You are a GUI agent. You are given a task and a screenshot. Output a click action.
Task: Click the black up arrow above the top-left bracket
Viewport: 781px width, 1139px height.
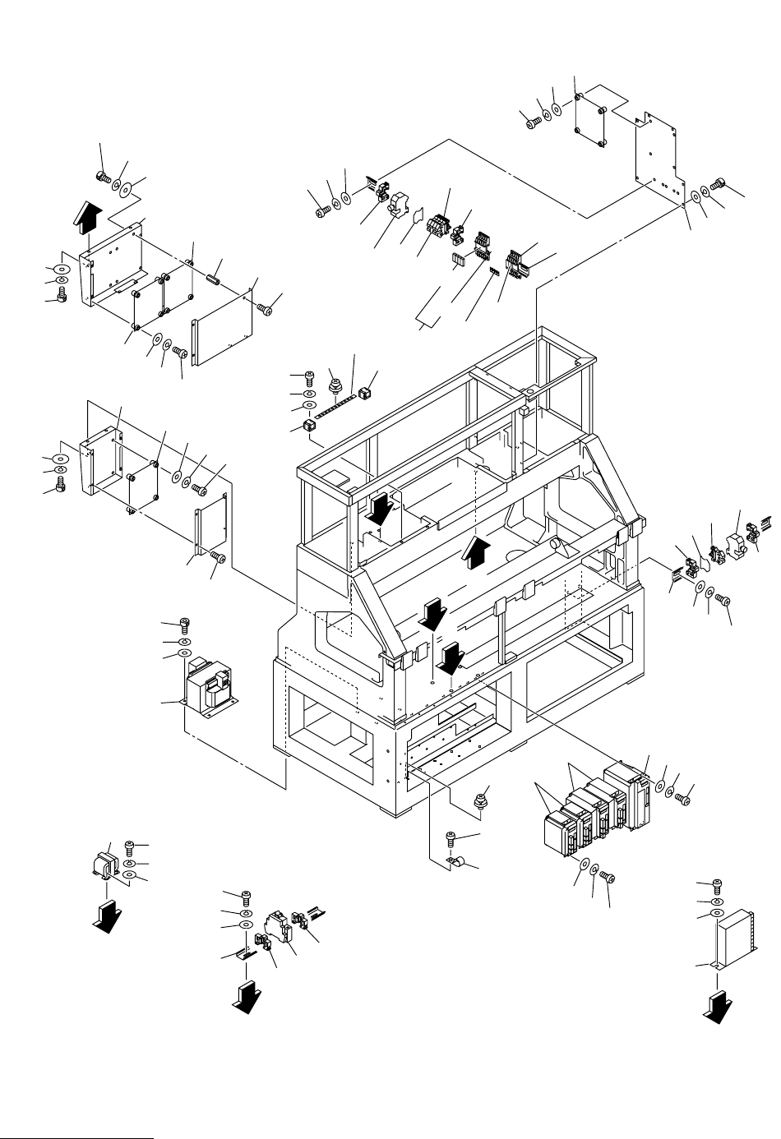89,219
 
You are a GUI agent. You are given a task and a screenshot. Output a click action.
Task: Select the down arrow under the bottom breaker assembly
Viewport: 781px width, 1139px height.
246,996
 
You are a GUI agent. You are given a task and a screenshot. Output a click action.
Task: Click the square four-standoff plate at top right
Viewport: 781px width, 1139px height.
590,122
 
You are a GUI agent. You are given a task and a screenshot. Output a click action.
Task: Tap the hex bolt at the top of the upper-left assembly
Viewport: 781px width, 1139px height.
103,176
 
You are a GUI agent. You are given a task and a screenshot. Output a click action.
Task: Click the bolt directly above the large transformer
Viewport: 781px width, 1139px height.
185,628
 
